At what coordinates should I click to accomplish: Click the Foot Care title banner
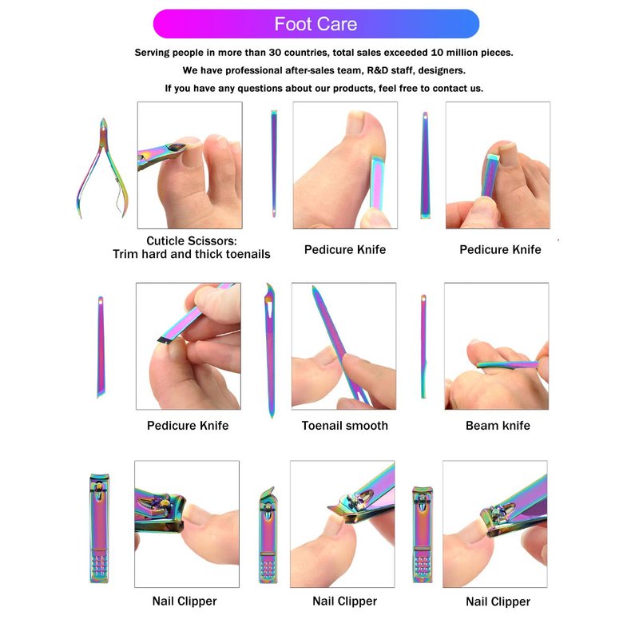point(316,24)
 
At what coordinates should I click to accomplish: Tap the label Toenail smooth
point(345,426)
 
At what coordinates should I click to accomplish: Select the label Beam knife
point(498,426)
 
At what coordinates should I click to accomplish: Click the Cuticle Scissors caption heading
point(192,241)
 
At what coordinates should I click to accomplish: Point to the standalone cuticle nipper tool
point(102,168)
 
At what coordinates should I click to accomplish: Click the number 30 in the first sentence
point(275,53)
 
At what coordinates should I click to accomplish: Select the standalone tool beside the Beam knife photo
point(423,347)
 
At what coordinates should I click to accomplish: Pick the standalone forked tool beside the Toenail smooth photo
point(271,351)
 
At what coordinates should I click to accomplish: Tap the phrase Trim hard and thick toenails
point(192,254)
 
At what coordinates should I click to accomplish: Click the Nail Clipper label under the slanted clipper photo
point(345,601)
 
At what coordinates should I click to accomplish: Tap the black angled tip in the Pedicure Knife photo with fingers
point(165,339)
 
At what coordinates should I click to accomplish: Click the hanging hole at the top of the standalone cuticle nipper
point(104,129)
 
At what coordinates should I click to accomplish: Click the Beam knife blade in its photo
point(507,364)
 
